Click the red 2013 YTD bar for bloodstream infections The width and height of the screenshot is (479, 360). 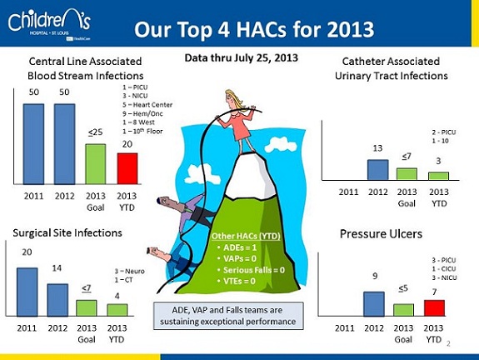click(x=127, y=168)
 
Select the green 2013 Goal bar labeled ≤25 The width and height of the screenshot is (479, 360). click(x=96, y=164)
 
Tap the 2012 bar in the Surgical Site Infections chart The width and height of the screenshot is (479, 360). click(x=57, y=300)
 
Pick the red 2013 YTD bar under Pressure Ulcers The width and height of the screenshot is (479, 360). click(x=434, y=308)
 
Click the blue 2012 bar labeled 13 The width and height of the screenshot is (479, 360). click(x=378, y=170)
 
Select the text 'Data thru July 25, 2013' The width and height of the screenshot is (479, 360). click(x=241, y=57)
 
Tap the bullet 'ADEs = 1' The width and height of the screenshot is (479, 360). click(x=237, y=247)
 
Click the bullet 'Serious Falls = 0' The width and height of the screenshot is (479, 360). click(x=251, y=270)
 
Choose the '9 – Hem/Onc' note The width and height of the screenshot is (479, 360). click(x=142, y=113)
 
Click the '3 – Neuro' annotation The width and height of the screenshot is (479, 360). click(x=129, y=271)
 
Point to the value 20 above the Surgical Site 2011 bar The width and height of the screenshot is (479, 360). click(x=27, y=252)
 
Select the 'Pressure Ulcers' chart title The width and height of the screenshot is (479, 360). click(x=381, y=234)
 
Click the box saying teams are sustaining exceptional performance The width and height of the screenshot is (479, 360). click(x=228, y=316)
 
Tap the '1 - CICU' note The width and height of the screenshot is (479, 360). click(x=444, y=269)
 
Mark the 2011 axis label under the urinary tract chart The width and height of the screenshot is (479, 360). click(x=348, y=192)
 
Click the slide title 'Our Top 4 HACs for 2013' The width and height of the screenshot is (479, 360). click(x=254, y=29)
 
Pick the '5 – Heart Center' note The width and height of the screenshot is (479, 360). click(x=147, y=105)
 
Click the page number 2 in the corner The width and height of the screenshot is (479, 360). click(x=448, y=344)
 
